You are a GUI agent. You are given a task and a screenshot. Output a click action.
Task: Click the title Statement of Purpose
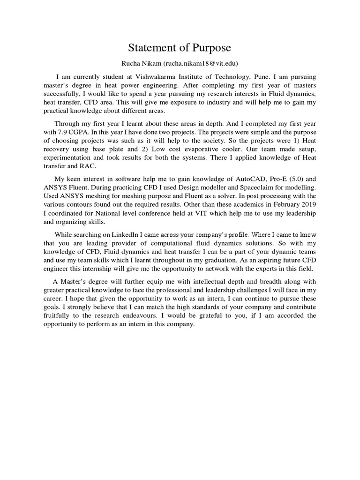pos(180,49)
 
